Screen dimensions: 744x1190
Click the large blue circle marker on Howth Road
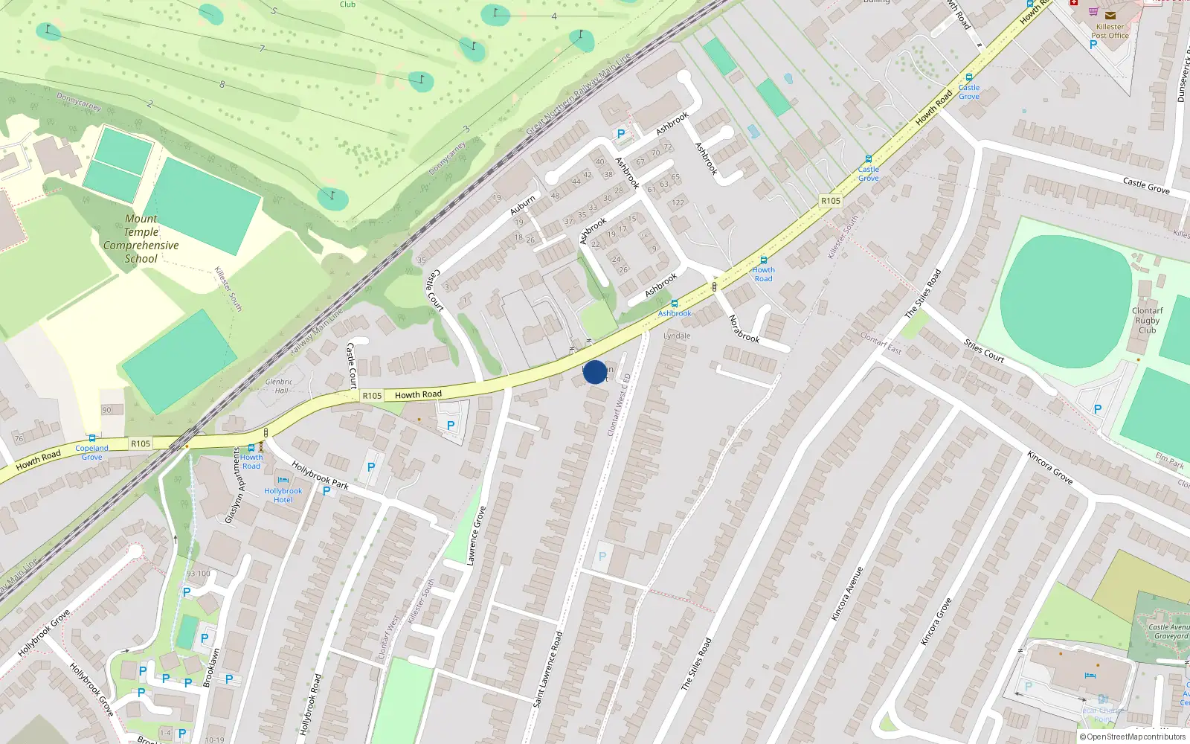[x=594, y=372]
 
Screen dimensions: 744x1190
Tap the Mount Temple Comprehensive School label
[x=141, y=239]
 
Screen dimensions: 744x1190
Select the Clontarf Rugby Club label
[x=1147, y=321]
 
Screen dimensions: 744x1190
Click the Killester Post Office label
[x=1110, y=31]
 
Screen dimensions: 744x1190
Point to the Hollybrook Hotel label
[x=283, y=496]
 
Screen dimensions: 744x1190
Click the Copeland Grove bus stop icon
[x=91, y=438]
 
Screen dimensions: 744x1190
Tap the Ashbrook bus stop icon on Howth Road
[x=674, y=304]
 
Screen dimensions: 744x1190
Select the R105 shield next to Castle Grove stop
[x=830, y=201]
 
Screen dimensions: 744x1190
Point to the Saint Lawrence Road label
[x=548, y=668]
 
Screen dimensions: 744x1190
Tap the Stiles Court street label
[x=983, y=350]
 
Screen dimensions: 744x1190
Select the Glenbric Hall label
[x=279, y=385]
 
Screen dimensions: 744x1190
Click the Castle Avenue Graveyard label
[x=1169, y=632]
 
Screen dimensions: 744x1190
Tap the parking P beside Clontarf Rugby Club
[x=1097, y=409]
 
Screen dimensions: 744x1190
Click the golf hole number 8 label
[x=222, y=84]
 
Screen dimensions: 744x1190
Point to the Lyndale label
[x=677, y=336]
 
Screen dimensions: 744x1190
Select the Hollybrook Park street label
[x=320, y=475]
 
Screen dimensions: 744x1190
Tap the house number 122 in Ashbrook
[x=678, y=202]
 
